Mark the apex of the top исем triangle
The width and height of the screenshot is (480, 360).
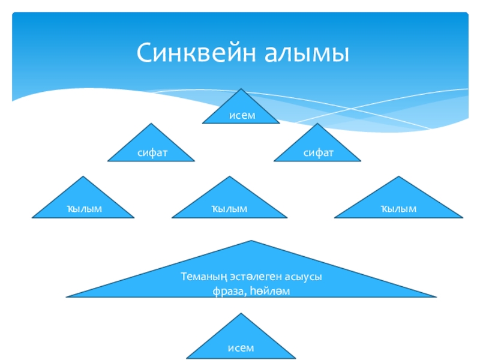point(241,89)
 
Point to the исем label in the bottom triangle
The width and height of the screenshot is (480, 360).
point(241,348)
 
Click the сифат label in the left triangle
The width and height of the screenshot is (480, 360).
point(152,154)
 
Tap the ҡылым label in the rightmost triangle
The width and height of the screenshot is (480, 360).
point(398,208)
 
